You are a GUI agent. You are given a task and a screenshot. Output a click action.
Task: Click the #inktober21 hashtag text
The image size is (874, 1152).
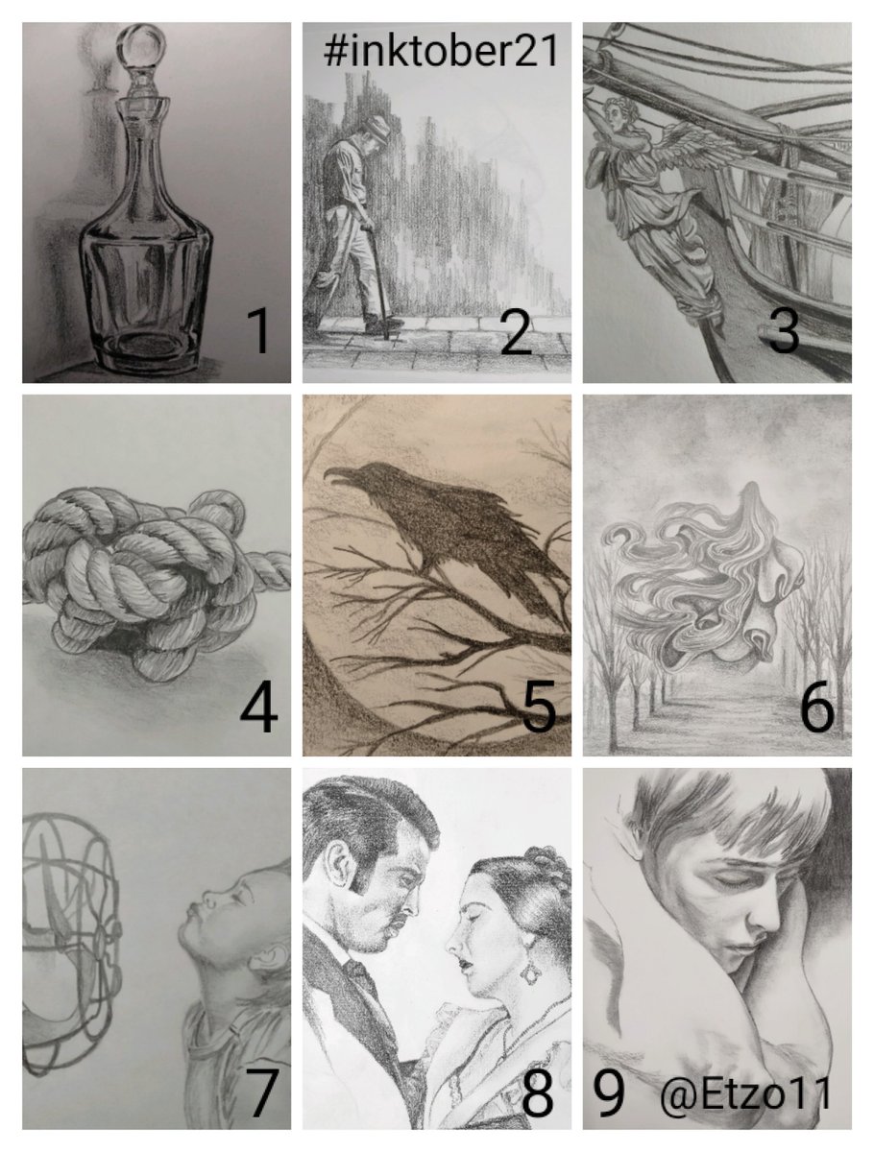click(440, 52)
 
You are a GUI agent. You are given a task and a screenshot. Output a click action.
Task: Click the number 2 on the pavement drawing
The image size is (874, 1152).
click(516, 331)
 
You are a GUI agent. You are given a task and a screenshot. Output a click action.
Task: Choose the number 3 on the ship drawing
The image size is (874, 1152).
click(783, 331)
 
